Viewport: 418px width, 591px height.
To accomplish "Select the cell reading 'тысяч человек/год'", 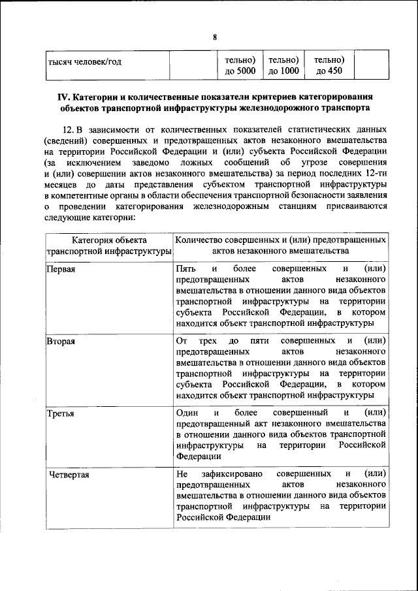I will [x=86, y=62].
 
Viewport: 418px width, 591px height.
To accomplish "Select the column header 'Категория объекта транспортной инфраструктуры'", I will [x=109, y=246].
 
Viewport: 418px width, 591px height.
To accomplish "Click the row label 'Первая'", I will [x=61, y=270].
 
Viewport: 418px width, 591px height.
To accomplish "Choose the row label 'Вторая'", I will [x=61, y=341].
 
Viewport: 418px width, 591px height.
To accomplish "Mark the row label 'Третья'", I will [x=60, y=413].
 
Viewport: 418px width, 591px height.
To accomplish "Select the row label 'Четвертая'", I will [x=69, y=474].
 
